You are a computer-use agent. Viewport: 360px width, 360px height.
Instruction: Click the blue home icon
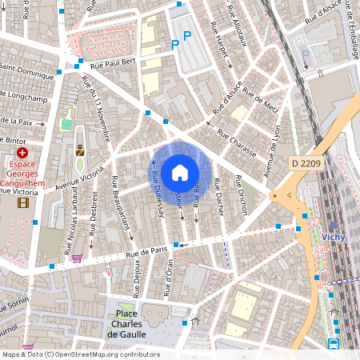click(x=180, y=172)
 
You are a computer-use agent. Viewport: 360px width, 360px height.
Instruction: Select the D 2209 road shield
click(x=306, y=163)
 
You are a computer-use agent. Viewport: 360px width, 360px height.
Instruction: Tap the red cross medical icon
click(x=22, y=152)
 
